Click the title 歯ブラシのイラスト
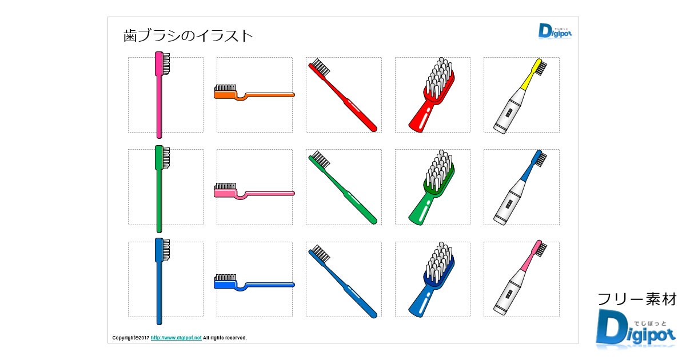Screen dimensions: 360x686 pos(188,36)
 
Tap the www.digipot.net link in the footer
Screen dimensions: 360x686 pos(176,338)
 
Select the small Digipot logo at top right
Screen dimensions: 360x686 pos(553,31)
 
